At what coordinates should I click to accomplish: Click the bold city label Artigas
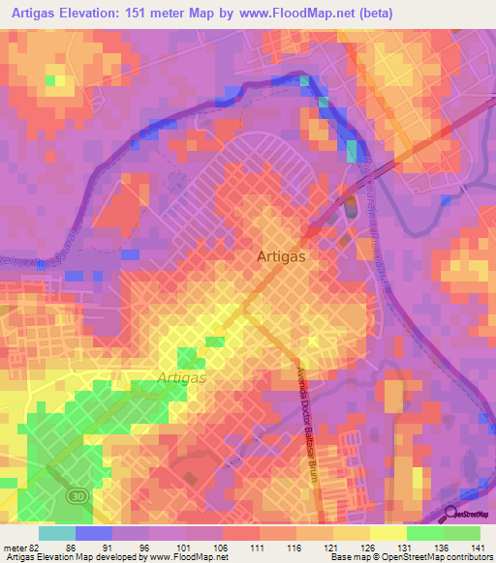click(x=283, y=257)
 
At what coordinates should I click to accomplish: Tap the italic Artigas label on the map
click(x=181, y=378)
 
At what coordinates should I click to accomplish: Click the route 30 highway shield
click(x=76, y=494)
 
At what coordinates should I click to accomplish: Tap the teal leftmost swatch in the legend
click(x=57, y=533)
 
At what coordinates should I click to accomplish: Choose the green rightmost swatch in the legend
click(x=461, y=533)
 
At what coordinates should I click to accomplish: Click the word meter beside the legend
click(x=13, y=547)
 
